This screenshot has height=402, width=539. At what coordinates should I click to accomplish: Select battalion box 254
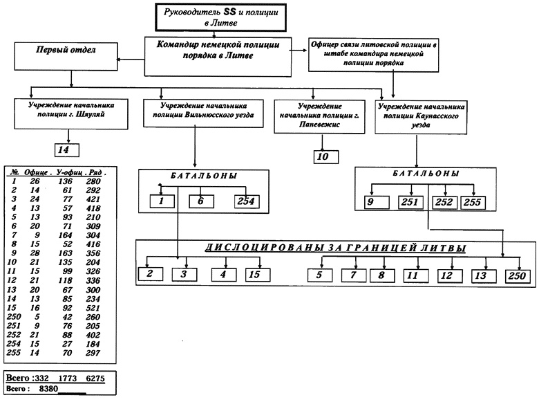tap(245, 201)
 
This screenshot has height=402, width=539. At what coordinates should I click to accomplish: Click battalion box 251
tap(411, 203)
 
